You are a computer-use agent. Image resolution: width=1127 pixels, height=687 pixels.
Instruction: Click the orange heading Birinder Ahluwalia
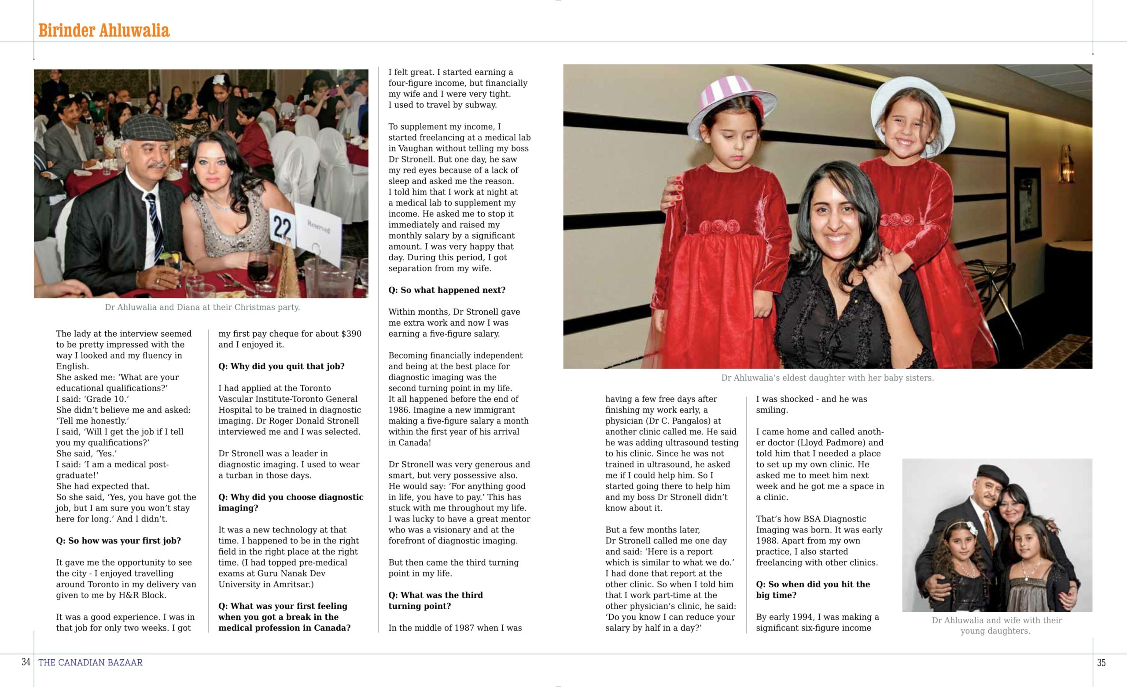click(104, 31)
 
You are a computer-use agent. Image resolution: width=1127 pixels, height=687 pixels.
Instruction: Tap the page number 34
click(26, 662)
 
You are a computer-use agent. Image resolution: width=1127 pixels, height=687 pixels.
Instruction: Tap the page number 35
click(1101, 662)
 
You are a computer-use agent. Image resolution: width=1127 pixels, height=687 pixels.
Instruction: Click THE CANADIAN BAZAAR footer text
click(91, 662)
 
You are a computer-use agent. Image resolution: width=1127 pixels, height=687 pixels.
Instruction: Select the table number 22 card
click(282, 228)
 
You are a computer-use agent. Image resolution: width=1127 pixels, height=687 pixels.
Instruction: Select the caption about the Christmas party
click(202, 307)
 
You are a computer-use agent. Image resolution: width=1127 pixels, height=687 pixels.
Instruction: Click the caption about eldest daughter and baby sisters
click(827, 378)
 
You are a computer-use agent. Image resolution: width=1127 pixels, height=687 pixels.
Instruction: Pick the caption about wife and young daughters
click(997, 625)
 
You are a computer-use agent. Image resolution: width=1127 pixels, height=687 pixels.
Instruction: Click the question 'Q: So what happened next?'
click(447, 290)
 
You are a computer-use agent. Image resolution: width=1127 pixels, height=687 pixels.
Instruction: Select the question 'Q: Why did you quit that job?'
click(281, 366)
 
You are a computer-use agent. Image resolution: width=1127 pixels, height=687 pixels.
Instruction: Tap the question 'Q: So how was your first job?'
click(118, 540)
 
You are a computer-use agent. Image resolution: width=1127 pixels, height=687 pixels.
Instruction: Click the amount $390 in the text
click(351, 334)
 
